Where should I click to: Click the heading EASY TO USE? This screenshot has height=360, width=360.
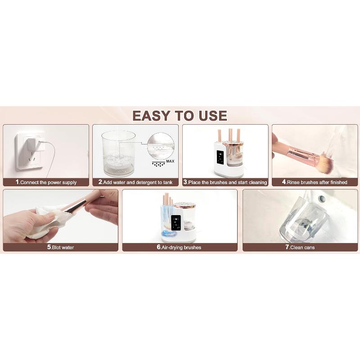coord(180,116)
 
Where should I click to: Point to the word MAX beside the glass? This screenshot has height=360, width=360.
coord(170,161)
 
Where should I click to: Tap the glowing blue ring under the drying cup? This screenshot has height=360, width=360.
coord(170,234)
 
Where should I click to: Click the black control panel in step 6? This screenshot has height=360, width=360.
coord(176,223)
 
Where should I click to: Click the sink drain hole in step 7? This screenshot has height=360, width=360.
coord(322,198)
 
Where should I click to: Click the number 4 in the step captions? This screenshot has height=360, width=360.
coord(284,182)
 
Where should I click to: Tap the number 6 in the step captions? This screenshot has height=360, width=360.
coord(159,247)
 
